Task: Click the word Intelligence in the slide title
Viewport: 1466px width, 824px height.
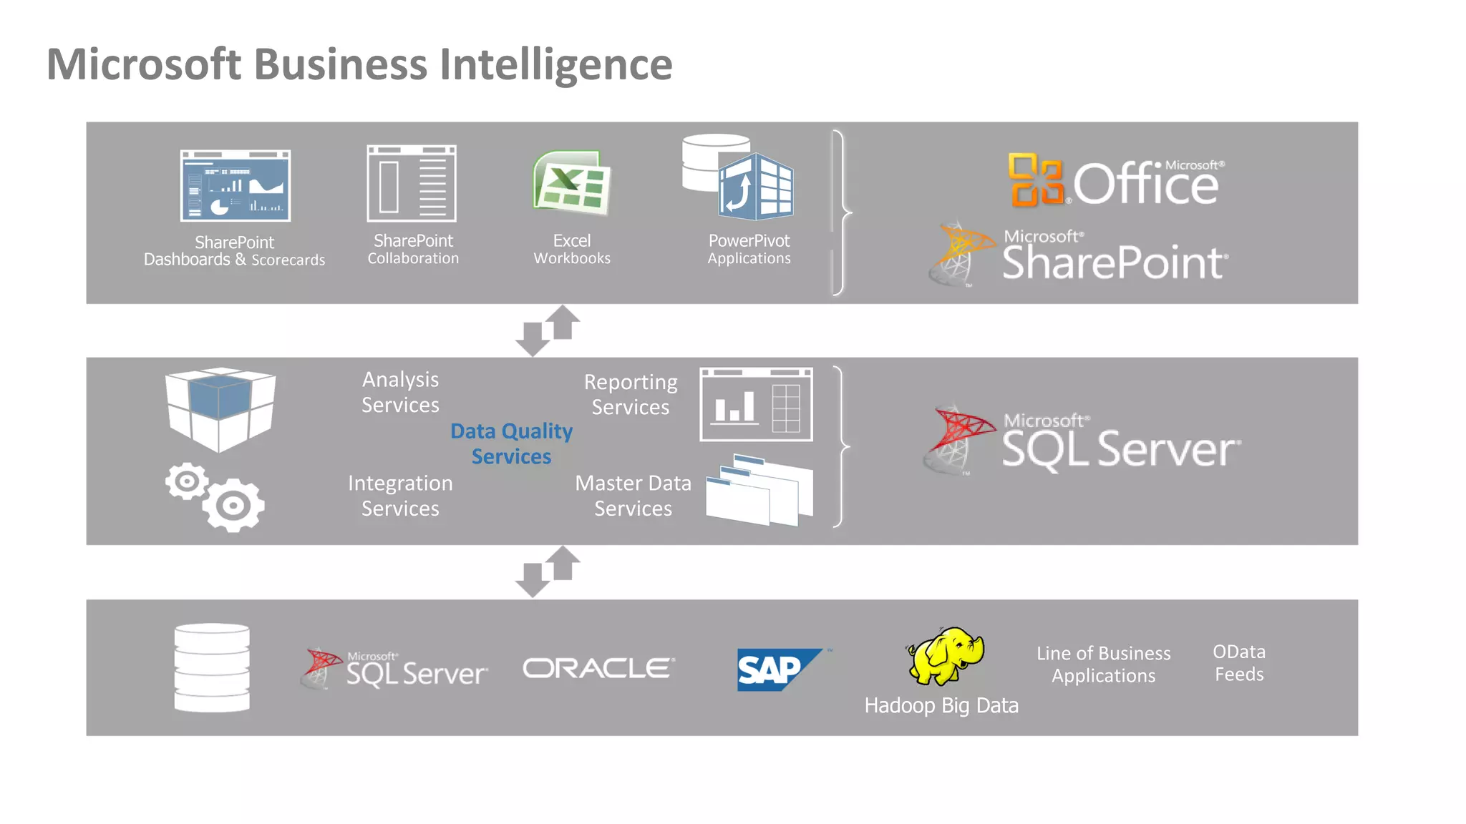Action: [x=555, y=65]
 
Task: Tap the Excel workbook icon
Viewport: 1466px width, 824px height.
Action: [x=571, y=183]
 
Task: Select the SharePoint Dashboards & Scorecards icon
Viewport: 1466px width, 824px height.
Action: [x=235, y=185]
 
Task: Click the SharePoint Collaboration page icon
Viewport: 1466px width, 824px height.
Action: [x=412, y=184]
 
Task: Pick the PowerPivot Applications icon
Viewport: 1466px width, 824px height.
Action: [x=739, y=179]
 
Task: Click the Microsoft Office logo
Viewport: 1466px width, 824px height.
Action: [x=1115, y=181]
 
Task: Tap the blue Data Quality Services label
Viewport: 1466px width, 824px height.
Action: [x=511, y=443]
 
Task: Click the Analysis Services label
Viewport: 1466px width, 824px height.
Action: [x=400, y=392]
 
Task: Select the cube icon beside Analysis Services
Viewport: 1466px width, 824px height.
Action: [x=220, y=408]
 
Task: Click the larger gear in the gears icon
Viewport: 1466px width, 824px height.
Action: [x=233, y=506]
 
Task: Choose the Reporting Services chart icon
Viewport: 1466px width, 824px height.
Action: [x=756, y=404]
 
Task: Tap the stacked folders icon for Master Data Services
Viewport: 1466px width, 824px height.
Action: [x=759, y=491]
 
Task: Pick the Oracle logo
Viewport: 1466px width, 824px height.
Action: [x=598, y=668]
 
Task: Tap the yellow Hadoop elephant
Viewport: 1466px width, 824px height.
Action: [x=946, y=655]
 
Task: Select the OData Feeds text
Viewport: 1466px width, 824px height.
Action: [x=1238, y=663]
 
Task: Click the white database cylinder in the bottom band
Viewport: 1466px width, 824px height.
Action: [x=212, y=667]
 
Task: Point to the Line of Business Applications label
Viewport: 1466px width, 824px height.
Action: [x=1103, y=664]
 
